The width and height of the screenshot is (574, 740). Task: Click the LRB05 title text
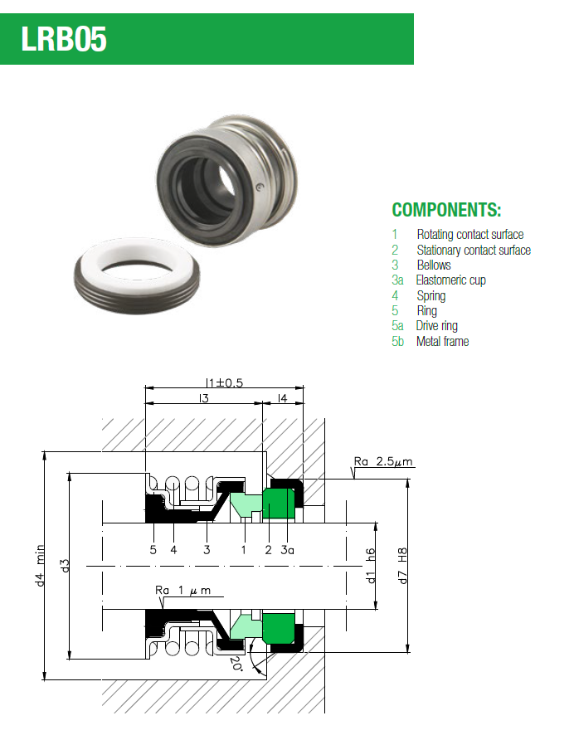click(66, 38)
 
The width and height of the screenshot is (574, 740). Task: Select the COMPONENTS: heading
click(446, 210)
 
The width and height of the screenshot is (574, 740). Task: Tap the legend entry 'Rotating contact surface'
click(469, 235)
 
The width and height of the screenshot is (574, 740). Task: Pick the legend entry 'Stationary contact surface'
click(474, 250)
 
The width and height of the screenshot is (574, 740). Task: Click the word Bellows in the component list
click(434, 265)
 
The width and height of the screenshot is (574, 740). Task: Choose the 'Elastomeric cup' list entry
click(450, 280)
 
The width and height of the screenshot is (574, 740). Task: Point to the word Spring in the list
click(430, 295)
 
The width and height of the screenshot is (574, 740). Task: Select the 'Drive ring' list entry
click(436, 326)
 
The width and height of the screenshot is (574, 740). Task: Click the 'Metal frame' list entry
click(442, 341)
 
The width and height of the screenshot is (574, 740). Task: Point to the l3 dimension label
click(202, 399)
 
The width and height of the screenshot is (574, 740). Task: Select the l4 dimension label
click(283, 399)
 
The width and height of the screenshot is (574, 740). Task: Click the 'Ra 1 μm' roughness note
click(183, 590)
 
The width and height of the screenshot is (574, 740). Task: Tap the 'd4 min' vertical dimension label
click(39, 567)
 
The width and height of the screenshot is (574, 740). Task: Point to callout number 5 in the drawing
click(153, 549)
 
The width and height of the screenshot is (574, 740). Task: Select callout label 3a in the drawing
click(287, 549)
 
